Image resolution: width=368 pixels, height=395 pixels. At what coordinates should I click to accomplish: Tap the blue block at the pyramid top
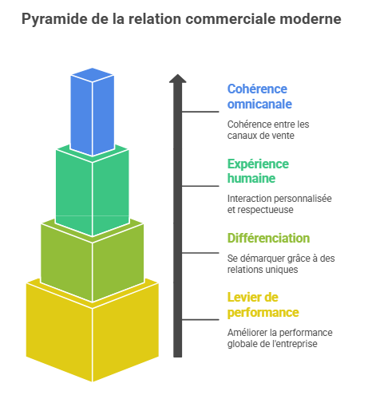pos(93,112)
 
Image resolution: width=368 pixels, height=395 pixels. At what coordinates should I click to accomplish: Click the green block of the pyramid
pos(93,190)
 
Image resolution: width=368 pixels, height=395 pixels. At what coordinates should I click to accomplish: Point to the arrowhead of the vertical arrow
pos(178,78)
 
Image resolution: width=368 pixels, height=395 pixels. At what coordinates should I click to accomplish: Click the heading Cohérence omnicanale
pos(259,97)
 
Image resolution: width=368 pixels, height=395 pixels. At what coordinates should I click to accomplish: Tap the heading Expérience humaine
pos(258,171)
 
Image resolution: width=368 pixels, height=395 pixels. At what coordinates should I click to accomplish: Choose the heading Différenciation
pos(268,238)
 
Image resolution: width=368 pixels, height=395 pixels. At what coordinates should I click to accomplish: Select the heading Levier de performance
pos(263,305)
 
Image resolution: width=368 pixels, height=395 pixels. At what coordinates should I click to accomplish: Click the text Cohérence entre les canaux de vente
pos(268,130)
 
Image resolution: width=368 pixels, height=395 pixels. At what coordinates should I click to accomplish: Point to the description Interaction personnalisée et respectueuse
pos(279,204)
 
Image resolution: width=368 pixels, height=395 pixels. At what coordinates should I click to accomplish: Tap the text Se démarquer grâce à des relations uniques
pos(281,264)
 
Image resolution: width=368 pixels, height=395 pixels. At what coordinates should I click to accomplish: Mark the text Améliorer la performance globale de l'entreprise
pos(280,338)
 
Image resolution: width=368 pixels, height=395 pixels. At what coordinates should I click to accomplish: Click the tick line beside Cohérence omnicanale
pos(200,112)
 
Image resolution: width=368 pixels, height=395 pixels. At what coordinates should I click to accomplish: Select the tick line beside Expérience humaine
pos(200,186)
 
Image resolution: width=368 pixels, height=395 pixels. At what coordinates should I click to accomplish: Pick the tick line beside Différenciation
pos(200,253)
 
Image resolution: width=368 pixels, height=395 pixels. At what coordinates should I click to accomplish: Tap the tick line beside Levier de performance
pos(200,319)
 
